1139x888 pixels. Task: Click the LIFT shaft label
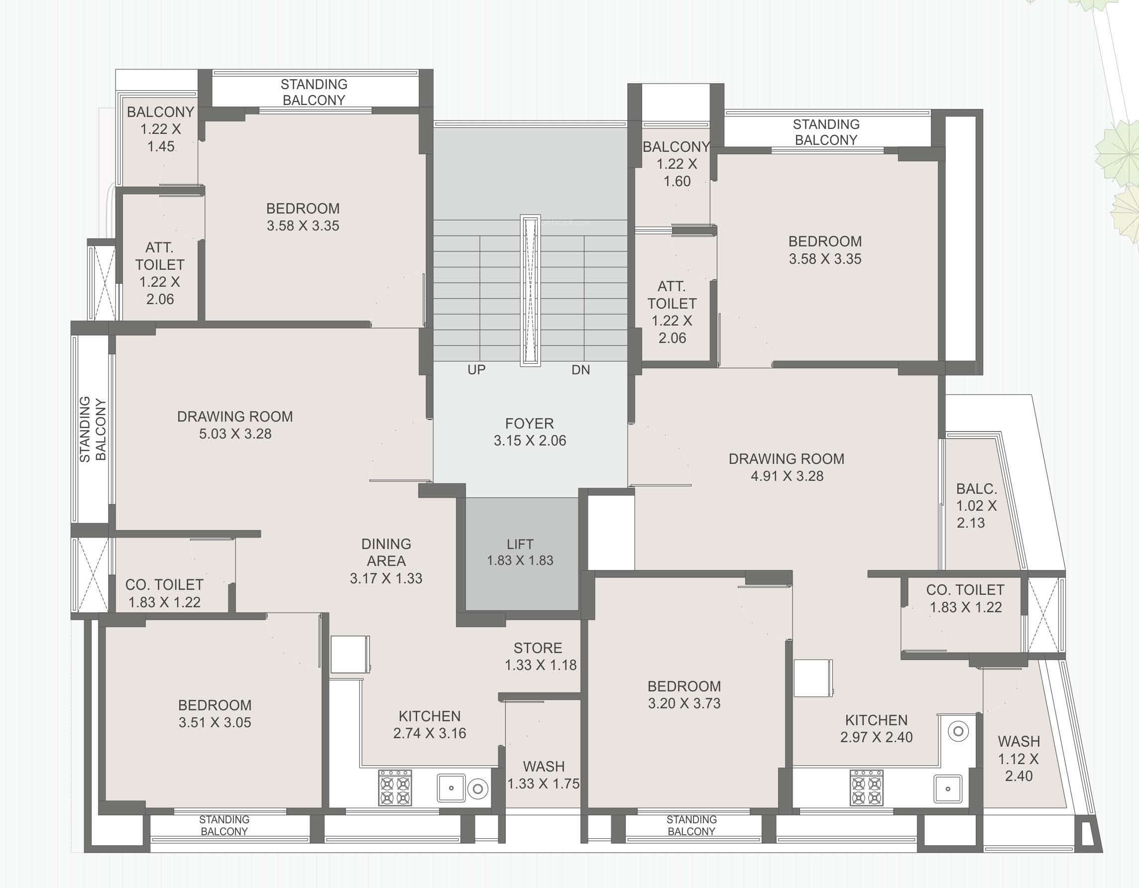(x=520, y=552)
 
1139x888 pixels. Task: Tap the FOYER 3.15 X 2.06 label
(x=530, y=432)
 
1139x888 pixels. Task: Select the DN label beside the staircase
(x=580, y=370)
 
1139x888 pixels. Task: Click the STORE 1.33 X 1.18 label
(x=540, y=657)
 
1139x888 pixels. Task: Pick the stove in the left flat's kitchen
(x=395, y=787)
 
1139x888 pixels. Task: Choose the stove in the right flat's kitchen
(x=866, y=787)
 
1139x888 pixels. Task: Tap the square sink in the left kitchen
(x=451, y=788)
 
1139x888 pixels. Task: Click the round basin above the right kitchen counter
(x=958, y=732)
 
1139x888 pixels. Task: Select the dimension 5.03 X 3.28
(x=235, y=434)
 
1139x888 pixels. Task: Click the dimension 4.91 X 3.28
(x=787, y=476)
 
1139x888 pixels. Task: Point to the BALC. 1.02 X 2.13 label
(x=976, y=506)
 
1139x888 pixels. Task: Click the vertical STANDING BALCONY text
(x=93, y=429)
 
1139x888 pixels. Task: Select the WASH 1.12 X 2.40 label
(x=1019, y=759)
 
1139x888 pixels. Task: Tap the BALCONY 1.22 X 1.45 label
(x=161, y=129)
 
